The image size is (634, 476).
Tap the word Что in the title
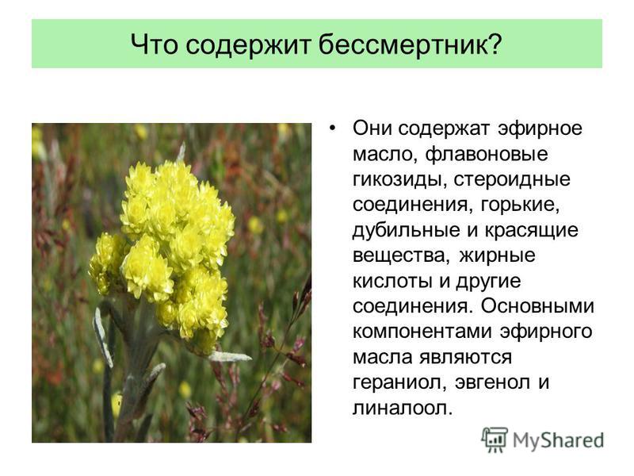155,44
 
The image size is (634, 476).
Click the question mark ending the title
493,44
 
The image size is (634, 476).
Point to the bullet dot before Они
332,129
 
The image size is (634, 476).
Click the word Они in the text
372,129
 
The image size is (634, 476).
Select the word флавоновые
487,154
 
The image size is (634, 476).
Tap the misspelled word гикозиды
396,180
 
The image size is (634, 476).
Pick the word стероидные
511,180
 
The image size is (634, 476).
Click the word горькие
519,205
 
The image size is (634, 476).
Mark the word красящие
531,231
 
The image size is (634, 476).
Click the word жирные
498,255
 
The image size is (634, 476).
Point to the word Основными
537,306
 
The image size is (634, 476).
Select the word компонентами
422,332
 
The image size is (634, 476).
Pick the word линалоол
399,408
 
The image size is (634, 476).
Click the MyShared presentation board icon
494,440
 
